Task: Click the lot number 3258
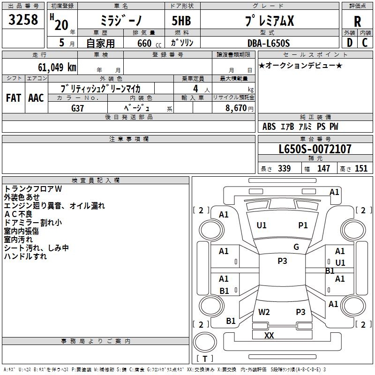(x=23, y=20)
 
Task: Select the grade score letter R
(x=357, y=22)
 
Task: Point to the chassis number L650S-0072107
(x=315, y=150)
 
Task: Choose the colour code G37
(x=77, y=108)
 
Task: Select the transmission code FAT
(x=13, y=98)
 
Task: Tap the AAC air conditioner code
(x=36, y=98)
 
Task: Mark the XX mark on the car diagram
(x=269, y=336)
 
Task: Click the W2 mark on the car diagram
(x=264, y=312)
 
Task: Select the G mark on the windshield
(x=296, y=247)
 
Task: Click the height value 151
(x=361, y=169)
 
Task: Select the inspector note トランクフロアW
(x=33, y=189)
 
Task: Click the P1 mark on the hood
(x=303, y=225)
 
